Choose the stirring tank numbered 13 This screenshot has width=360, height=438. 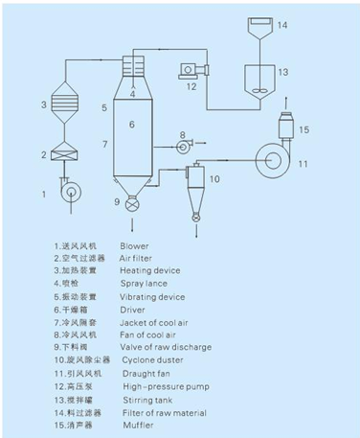[256, 75]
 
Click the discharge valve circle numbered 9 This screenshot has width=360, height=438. [133, 202]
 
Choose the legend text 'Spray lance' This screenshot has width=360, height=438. [142, 285]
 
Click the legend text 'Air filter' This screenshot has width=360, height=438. [136, 257]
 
